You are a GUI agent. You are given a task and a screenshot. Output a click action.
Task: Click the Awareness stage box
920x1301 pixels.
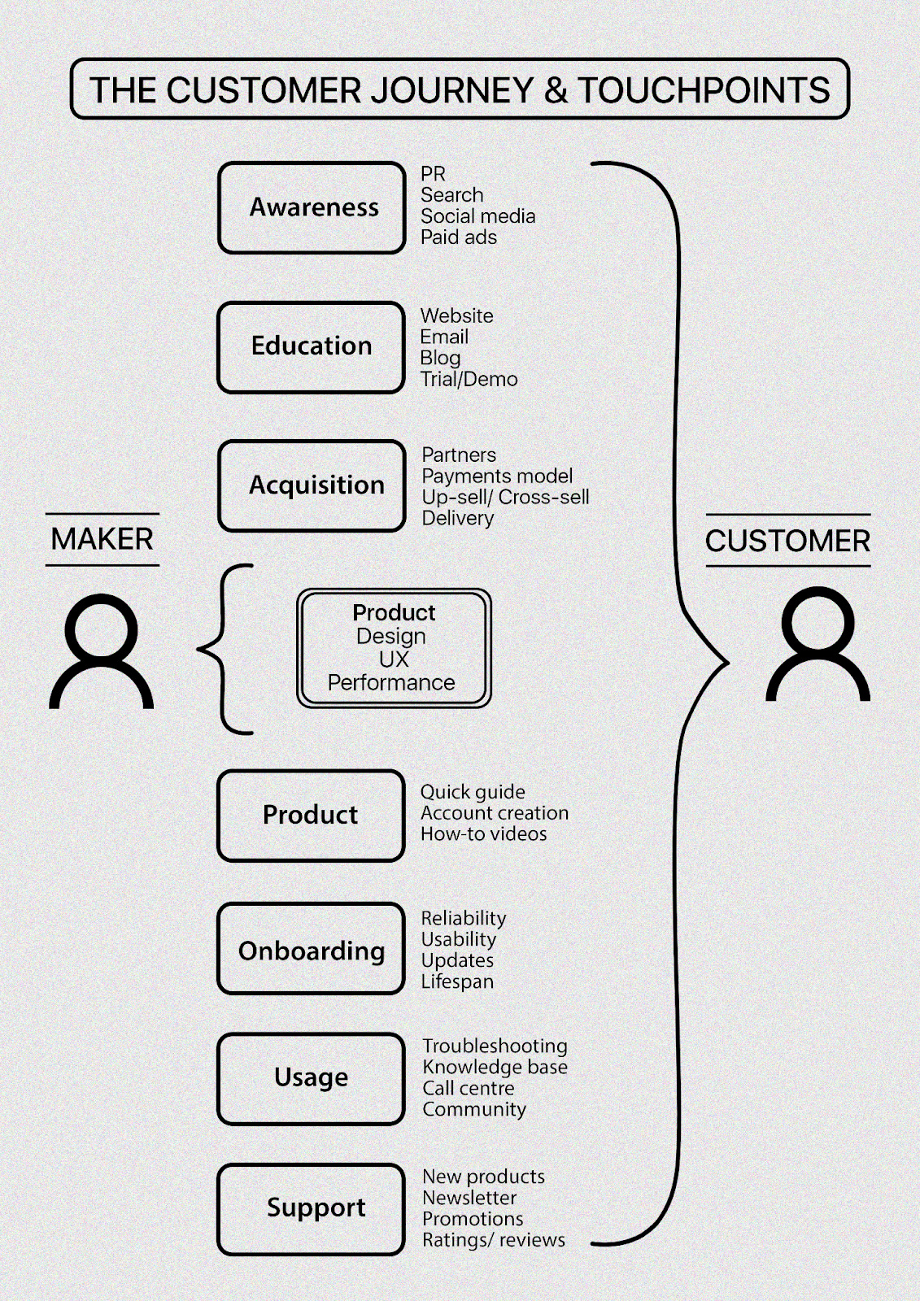pyautogui.click(x=312, y=207)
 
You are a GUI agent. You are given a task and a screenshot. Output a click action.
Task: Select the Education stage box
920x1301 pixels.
pyautogui.click(x=312, y=347)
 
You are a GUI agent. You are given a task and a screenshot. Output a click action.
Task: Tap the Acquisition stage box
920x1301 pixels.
pyautogui.click(x=312, y=485)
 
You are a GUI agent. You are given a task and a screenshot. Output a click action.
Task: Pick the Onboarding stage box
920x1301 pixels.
pyautogui.click(x=312, y=950)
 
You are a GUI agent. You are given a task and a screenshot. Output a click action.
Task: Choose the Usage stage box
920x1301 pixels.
pyautogui.click(x=312, y=1078)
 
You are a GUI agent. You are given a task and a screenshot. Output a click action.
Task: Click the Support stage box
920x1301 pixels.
pyautogui.click(x=312, y=1208)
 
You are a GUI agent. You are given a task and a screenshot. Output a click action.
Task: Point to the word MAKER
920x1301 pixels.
pyautogui.click(x=102, y=539)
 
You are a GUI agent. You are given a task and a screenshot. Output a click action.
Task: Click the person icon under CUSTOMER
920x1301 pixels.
pyautogui.click(x=818, y=647)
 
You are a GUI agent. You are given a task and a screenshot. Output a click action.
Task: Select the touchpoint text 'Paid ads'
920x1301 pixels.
pyautogui.click(x=459, y=237)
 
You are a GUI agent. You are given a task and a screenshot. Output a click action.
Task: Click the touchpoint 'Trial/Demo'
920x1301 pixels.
pyautogui.click(x=469, y=379)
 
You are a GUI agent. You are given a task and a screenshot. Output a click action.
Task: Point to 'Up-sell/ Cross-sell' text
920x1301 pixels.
pyautogui.click(x=505, y=497)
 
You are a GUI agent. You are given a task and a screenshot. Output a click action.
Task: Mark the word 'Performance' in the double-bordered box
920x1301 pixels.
pyautogui.click(x=391, y=683)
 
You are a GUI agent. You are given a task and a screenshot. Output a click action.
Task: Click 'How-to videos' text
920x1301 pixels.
pyautogui.click(x=483, y=833)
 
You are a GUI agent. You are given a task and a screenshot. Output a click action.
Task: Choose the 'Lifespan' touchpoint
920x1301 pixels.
pyautogui.click(x=457, y=981)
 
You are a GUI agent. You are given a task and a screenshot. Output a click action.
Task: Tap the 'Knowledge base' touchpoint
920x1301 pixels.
pyautogui.click(x=495, y=1067)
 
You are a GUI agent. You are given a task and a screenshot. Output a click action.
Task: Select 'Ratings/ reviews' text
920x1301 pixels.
pyautogui.click(x=493, y=1240)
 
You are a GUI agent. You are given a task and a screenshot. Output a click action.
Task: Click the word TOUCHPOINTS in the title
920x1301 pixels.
pyautogui.click(x=704, y=90)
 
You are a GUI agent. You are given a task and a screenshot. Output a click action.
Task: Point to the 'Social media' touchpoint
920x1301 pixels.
pyautogui.click(x=477, y=216)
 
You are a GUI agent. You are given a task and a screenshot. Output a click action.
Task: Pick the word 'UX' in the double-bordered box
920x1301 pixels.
pyautogui.click(x=394, y=659)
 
